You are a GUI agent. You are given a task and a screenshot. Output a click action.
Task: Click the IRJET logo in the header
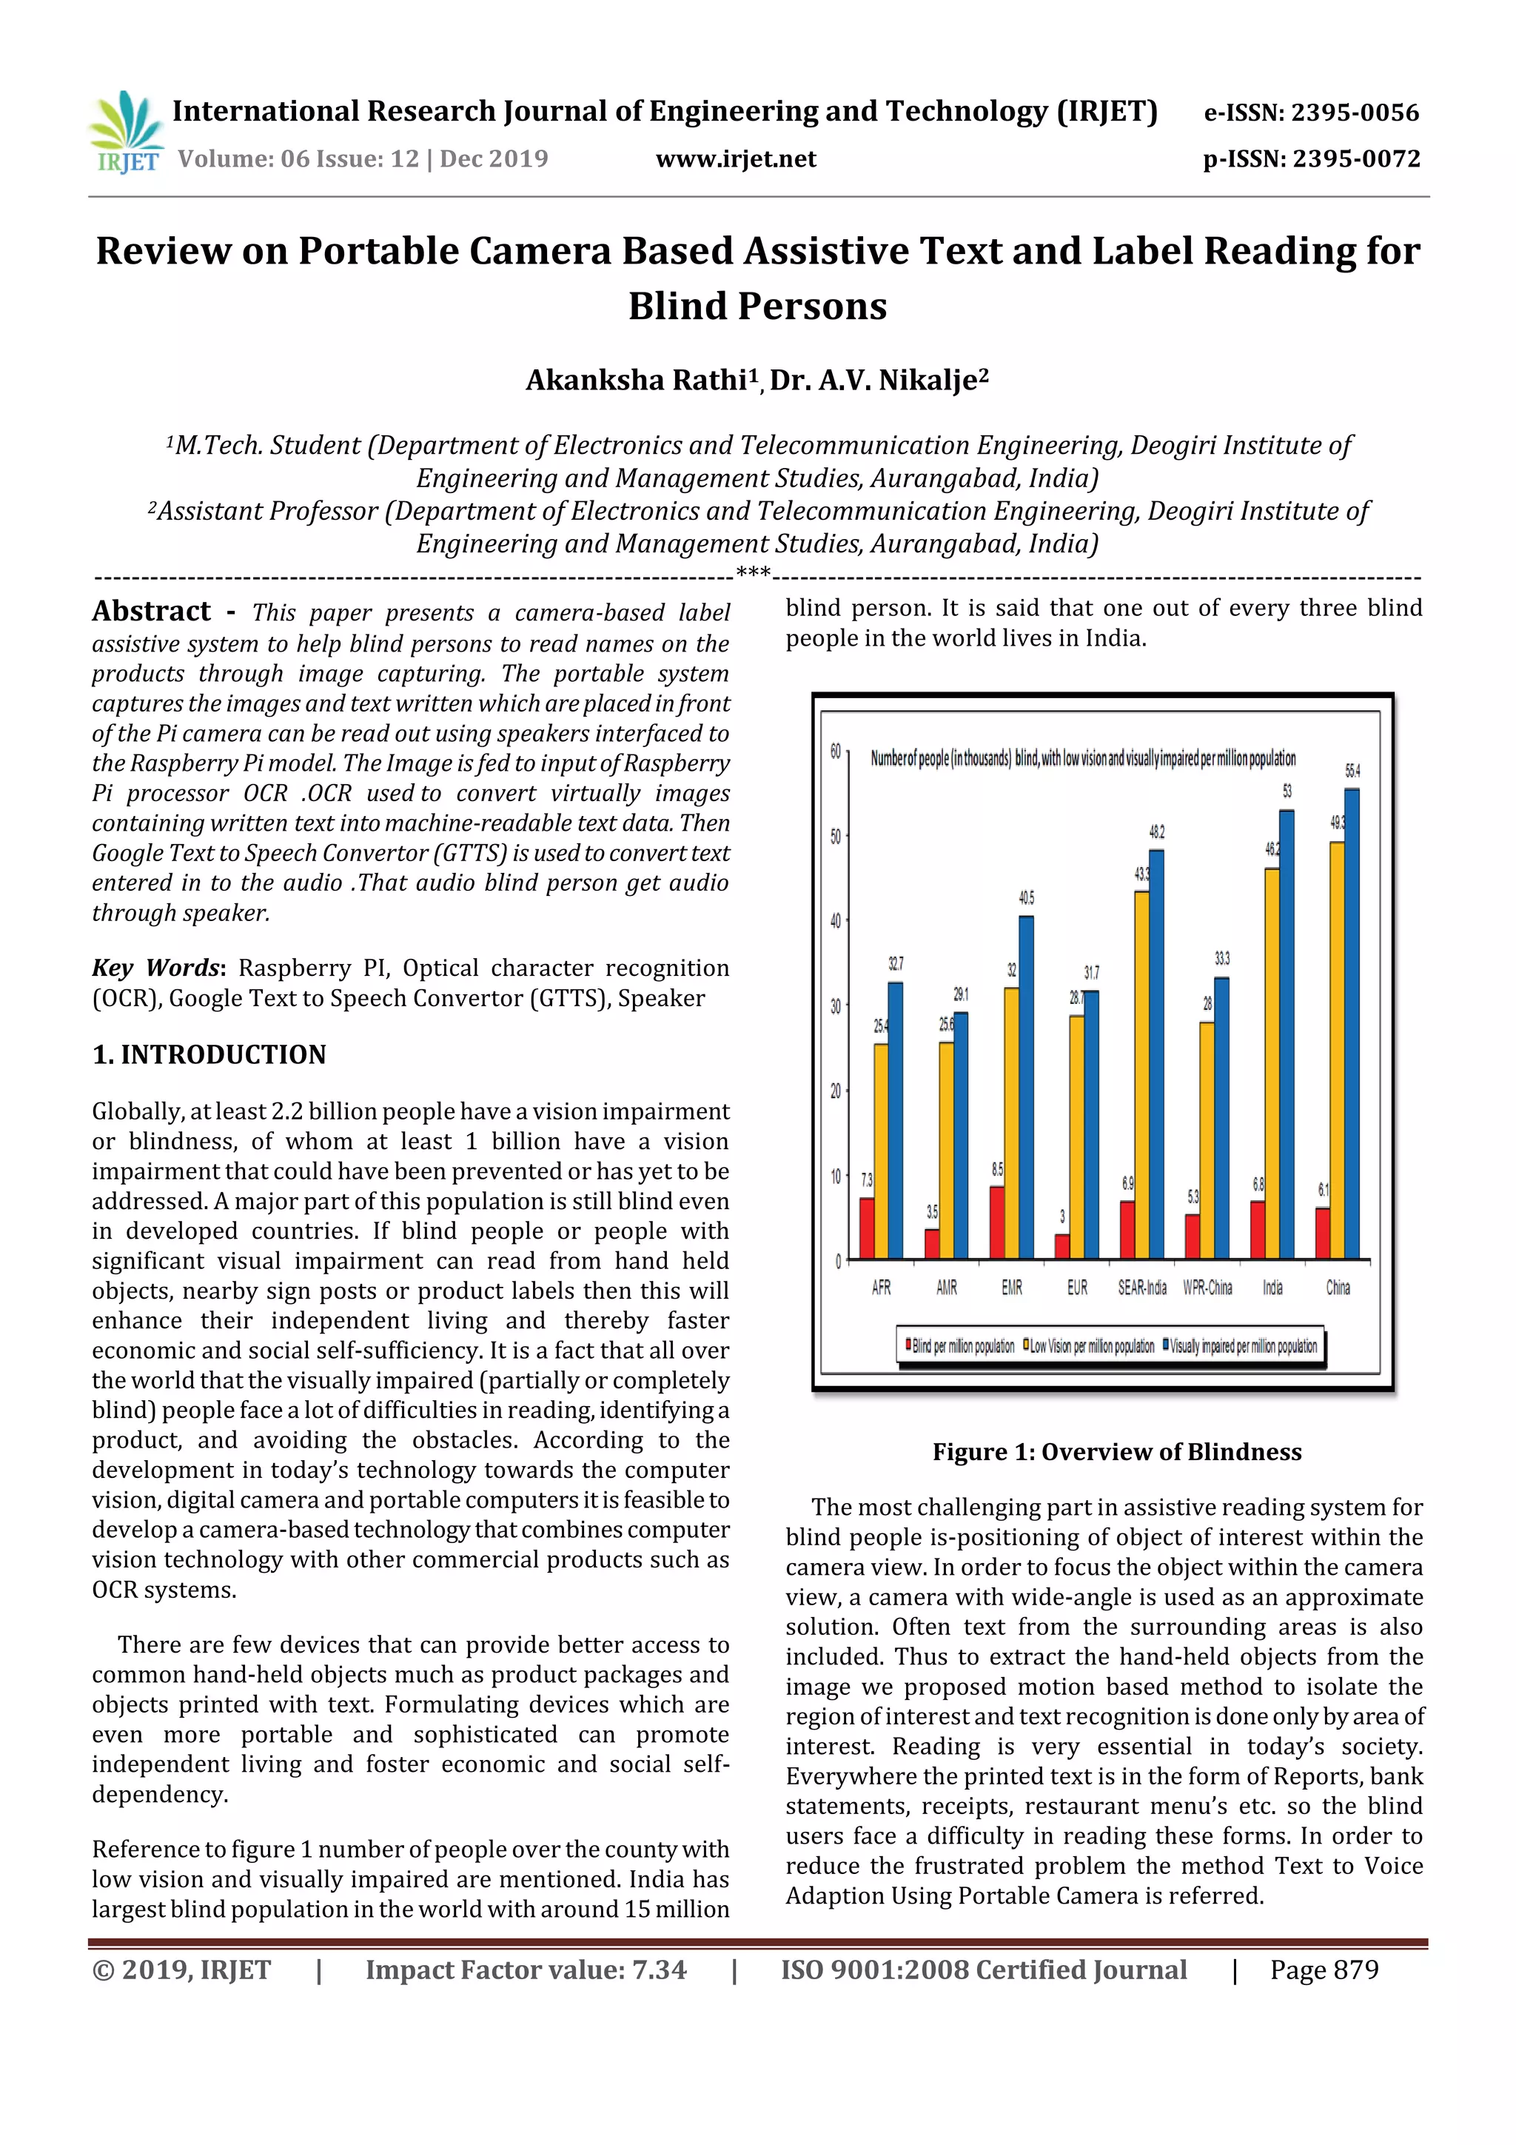click(126, 133)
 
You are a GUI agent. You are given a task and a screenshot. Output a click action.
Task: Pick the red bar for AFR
click(867, 1228)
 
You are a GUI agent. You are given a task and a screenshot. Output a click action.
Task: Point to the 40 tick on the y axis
click(835, 921)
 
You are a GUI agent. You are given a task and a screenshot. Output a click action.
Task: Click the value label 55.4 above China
click(1352, 771)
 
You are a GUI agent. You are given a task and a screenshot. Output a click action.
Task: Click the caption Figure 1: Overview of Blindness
click(1116, 1452)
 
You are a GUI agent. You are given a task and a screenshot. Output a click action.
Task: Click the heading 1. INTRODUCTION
click(209, 1055)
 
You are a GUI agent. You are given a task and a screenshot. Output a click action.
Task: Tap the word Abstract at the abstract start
click(151, 611)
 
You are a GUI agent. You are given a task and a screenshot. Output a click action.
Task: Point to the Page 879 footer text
click(1324, 1970)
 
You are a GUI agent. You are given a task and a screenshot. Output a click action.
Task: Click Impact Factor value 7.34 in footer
click(525, 1970)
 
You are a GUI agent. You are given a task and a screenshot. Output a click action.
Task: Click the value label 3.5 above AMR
click(931, 1212)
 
